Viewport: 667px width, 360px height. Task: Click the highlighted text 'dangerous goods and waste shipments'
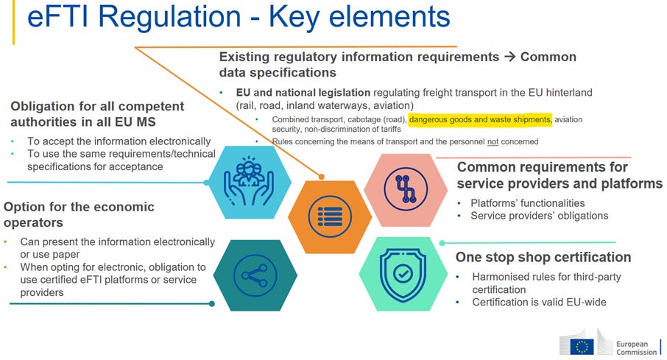click(x=480, y=119)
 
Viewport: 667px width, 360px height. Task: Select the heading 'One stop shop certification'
click(x=543, y=257)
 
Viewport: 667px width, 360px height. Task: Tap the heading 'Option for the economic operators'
click(x=79, y=214)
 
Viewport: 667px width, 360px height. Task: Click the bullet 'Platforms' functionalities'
click(x=528, y=202)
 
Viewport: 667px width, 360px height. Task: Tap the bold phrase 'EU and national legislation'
click(x=303, y=93)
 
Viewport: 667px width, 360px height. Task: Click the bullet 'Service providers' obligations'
click(x=539, y=216)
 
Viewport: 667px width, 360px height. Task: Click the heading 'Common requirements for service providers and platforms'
click(x=560, y=175)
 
